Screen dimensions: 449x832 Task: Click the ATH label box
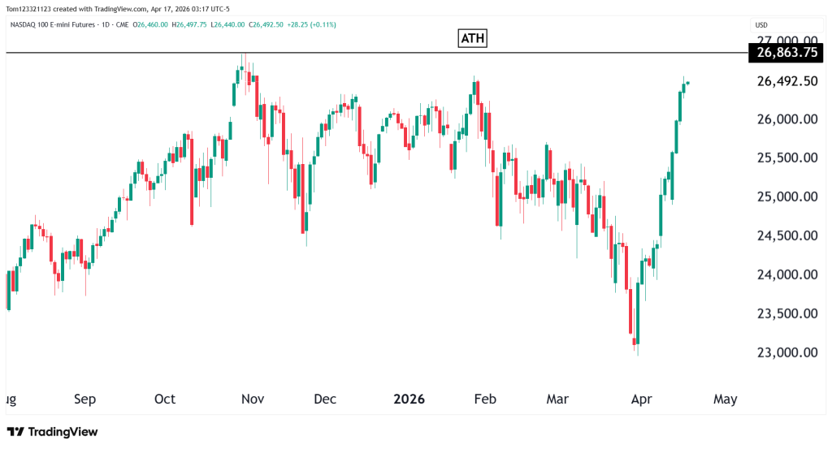pos(473,38)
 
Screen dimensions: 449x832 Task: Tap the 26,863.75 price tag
pos(786,53)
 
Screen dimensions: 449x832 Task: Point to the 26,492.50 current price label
pos(786,81)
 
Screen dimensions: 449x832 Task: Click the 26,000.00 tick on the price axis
pos(786,119)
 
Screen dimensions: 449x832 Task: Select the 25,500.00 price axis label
pos(786,158)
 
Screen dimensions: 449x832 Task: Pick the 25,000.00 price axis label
pos(786,197)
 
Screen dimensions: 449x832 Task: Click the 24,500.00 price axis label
pos(786,236)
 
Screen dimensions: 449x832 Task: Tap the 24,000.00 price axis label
pos(786,275)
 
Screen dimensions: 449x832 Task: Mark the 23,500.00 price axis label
pos(786,314)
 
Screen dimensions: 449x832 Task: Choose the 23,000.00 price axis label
pos(786,353)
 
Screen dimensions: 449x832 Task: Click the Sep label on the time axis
pos(84,399)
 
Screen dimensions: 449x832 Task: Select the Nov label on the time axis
pos(253,399)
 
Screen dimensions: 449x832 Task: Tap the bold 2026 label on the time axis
pos(409,399)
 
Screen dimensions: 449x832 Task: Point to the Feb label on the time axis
pos(485,399)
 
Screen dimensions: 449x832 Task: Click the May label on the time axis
pos(725,399)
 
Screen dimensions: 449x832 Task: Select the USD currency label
pos(761,24)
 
